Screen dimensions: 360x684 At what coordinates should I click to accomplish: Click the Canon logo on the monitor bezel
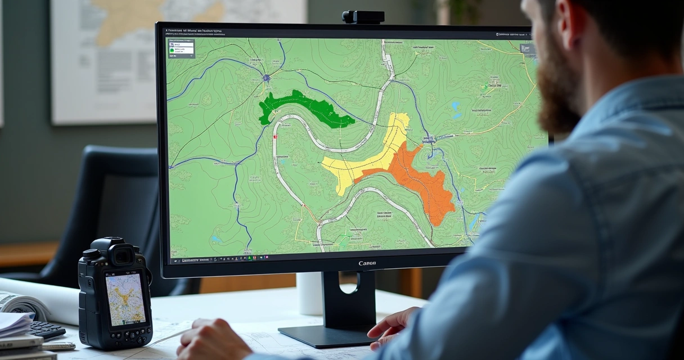point(367,263)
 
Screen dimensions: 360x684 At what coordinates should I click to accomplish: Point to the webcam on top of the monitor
point(363,17)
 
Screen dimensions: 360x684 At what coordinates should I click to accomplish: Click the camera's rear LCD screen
point(125,299)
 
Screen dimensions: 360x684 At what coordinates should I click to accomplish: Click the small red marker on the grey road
point(274,136)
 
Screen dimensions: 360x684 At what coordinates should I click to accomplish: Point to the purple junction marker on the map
point(266,78)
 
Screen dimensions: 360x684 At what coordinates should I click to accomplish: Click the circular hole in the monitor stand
point(349,283)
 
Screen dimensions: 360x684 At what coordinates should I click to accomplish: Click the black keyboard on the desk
point(47,330)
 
